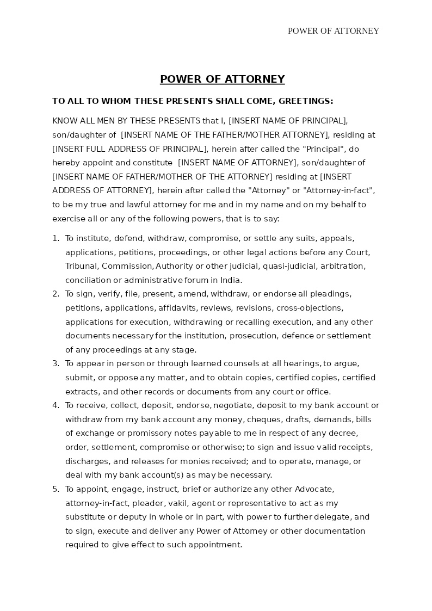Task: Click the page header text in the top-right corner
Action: pos(333,31)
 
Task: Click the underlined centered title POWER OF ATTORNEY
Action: pos(222,79)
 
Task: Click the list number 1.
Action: pos(55,238)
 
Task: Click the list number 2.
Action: pos(55,294)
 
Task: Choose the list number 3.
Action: pos(55,364)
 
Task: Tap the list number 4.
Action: pos(55,406)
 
